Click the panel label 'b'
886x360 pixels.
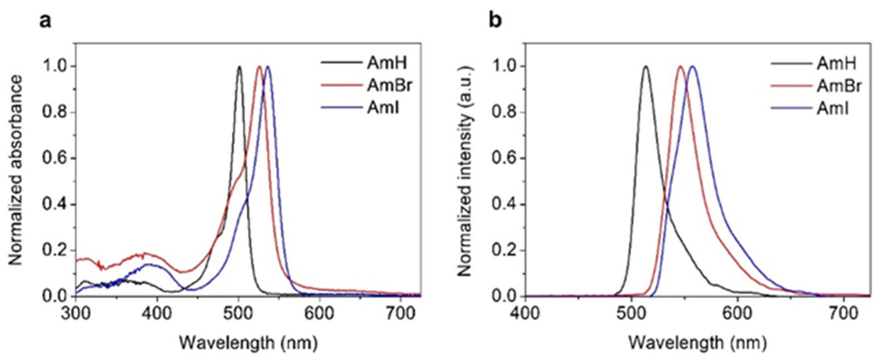(x=496, y=21)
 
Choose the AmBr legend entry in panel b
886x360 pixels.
(x=839, y=85)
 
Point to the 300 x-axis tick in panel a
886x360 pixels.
(x=76, y=314)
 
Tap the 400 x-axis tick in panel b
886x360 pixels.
(x=525, y=314)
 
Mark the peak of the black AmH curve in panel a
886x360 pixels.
(x=239, y=67)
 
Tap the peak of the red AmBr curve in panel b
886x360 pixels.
(x=680, y=67)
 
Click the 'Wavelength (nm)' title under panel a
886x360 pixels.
(x=248, y=343)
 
